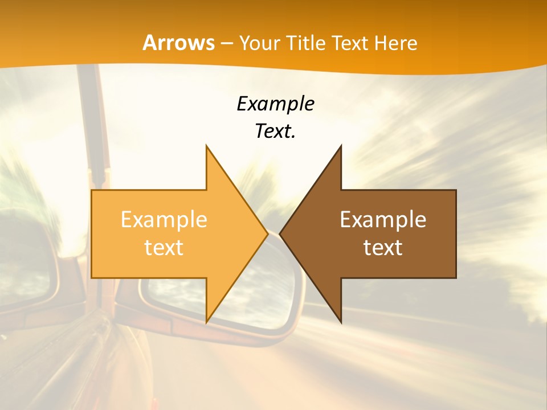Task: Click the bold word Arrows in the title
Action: tap(178, 43)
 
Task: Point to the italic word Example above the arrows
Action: tap(275, 104)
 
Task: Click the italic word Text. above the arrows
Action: tap(275, 132)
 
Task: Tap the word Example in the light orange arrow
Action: tap(164, 220)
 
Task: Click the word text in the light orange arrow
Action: tap(164, 247)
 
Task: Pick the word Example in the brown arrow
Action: tap(383, 220)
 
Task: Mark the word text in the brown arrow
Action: tap(383, 247)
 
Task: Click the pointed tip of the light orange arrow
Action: tap(267, 233)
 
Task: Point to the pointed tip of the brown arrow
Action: tap(281, 233)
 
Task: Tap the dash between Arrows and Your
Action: tap(227, 43)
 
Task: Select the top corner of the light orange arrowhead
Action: tap(207, 146)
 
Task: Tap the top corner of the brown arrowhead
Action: tap(341, 146)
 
